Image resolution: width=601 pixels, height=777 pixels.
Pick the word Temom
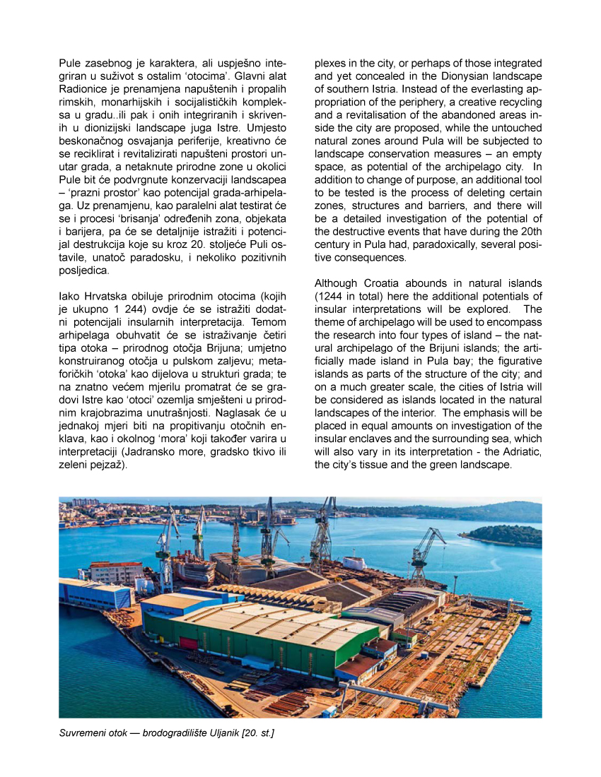coord(269,309)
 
